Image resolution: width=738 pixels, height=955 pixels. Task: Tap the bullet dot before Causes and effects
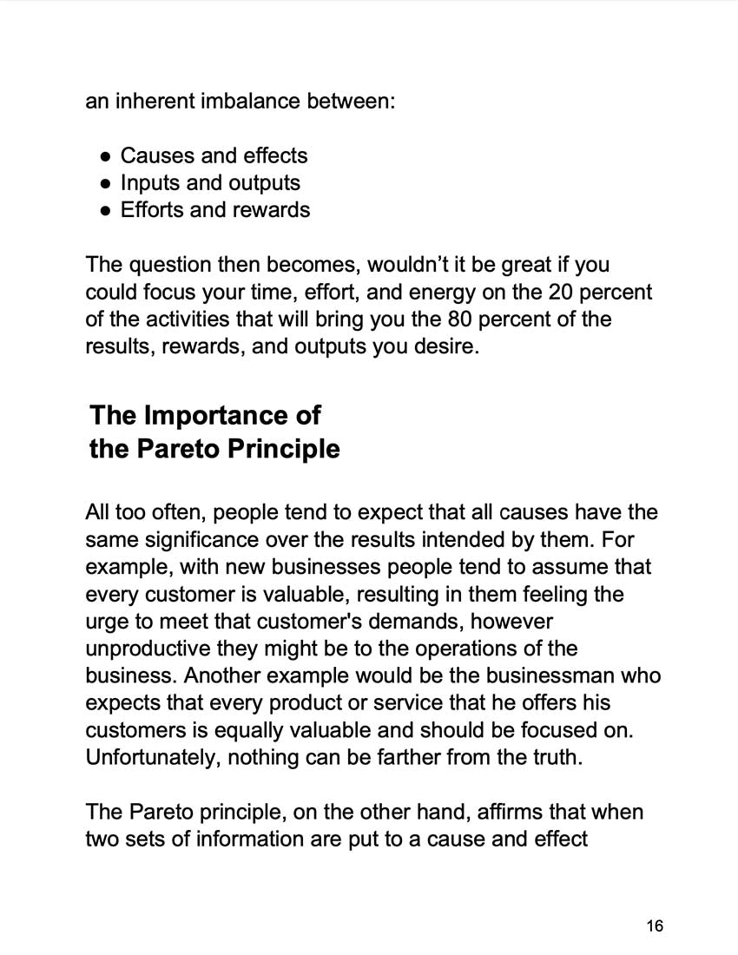(x=105, y=156)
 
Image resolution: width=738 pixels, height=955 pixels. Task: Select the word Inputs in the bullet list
(x=148, y=183)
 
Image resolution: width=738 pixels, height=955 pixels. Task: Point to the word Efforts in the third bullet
(x=153, y=210)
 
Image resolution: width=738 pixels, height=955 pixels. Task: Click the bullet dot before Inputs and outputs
(x=105, y=183)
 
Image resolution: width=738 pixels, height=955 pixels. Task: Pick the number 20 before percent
(x=550, y=292)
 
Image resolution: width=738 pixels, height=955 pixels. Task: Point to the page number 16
(x=655, y=926)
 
